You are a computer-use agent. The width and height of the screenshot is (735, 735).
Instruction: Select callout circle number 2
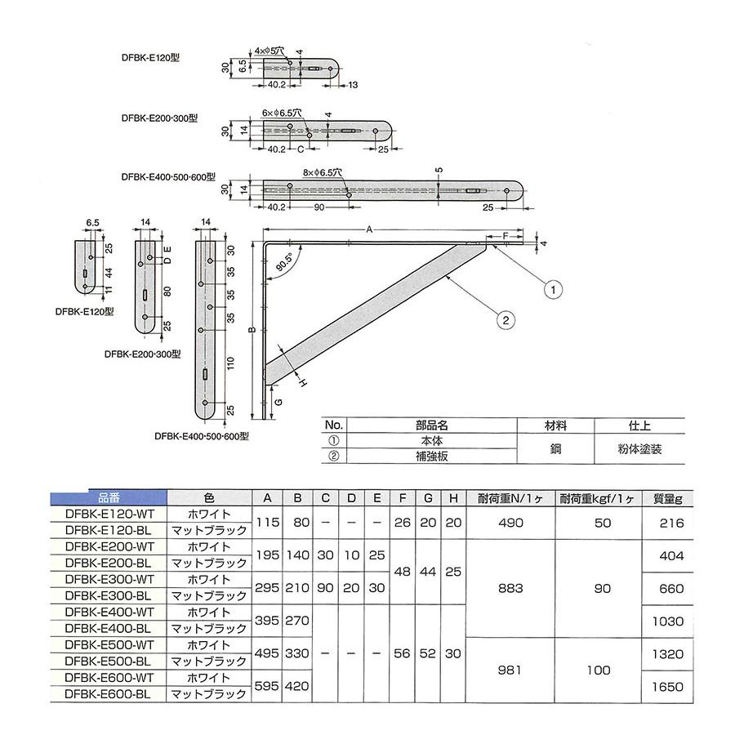coord(506,320)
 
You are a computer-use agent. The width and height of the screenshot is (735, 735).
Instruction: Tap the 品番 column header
coord(109,497)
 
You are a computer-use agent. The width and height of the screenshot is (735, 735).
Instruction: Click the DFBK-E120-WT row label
coord(108,514)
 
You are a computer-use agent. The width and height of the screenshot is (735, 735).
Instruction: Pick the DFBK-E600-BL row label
coord(108,694)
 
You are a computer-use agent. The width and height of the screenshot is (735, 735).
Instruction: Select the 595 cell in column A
coord(267,687)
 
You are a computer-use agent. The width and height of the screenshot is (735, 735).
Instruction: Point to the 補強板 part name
coord(432,457)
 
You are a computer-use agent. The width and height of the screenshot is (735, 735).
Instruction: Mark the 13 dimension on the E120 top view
coord(354,84)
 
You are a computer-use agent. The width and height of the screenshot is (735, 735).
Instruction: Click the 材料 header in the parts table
coord(556,425)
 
